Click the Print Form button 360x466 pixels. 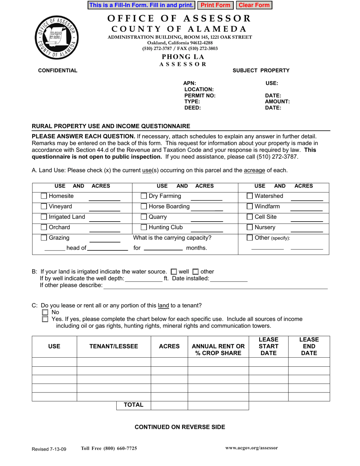click(x=215, y=5)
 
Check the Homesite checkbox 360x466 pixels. click(x=44, y=196)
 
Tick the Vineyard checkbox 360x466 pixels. click(x=44, y=207)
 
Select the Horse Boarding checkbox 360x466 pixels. click(x=144, y=207)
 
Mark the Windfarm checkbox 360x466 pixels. click(x=250, y=207)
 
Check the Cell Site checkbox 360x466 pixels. click(x=250, y=217)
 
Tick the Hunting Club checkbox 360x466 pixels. click(x=144, y=228)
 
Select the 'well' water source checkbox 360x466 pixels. click(x=174, y=272)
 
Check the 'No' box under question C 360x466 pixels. click(x=45, y=312)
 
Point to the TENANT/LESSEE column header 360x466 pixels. click(x=114, y=346)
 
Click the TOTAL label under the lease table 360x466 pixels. click(x=133, y=405)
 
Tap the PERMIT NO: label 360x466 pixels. click(x=200, y=95)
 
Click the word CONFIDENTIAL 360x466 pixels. click(x=58, y=70)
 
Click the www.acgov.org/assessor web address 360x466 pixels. click(x=251, y=448)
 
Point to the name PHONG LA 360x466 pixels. click(x=183, y=57)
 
